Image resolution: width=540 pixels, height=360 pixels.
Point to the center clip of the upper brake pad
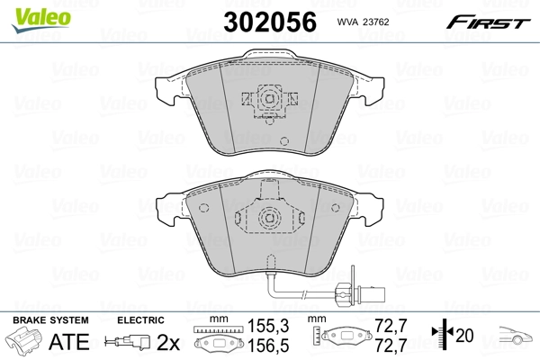pyautogui.click(x=267, y=98)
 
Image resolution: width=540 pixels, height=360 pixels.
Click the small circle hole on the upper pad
pyautogui.click(x=283, y=141)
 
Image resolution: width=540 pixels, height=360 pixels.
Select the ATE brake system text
pyautogui.click(x=66, y=341)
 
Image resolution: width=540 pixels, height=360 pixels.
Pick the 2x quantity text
pyautogui.click(x=168, y=341)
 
